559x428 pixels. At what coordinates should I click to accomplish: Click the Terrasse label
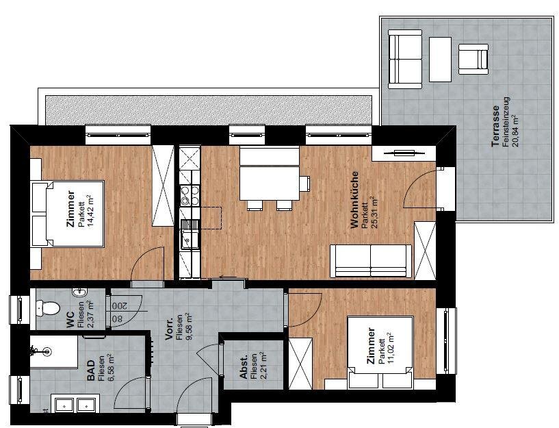point(495,126)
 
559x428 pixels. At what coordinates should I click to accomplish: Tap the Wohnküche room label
point(354,200)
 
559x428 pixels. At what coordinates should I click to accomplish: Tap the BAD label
point(91,370)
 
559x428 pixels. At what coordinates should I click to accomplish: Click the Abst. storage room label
point(244,367)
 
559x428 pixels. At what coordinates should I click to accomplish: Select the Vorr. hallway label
point(170,327)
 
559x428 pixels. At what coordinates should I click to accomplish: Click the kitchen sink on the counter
point(186,234)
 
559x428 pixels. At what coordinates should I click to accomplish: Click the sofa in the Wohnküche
point(371,261)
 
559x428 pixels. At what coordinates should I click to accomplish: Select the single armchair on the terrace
point(473,59)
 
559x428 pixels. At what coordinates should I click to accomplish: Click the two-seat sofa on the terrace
point(404,59)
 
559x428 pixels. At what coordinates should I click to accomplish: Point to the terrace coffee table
point(440,59)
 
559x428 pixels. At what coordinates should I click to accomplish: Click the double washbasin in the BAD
point(75,405)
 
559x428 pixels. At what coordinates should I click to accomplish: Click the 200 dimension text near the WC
point(120,306)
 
